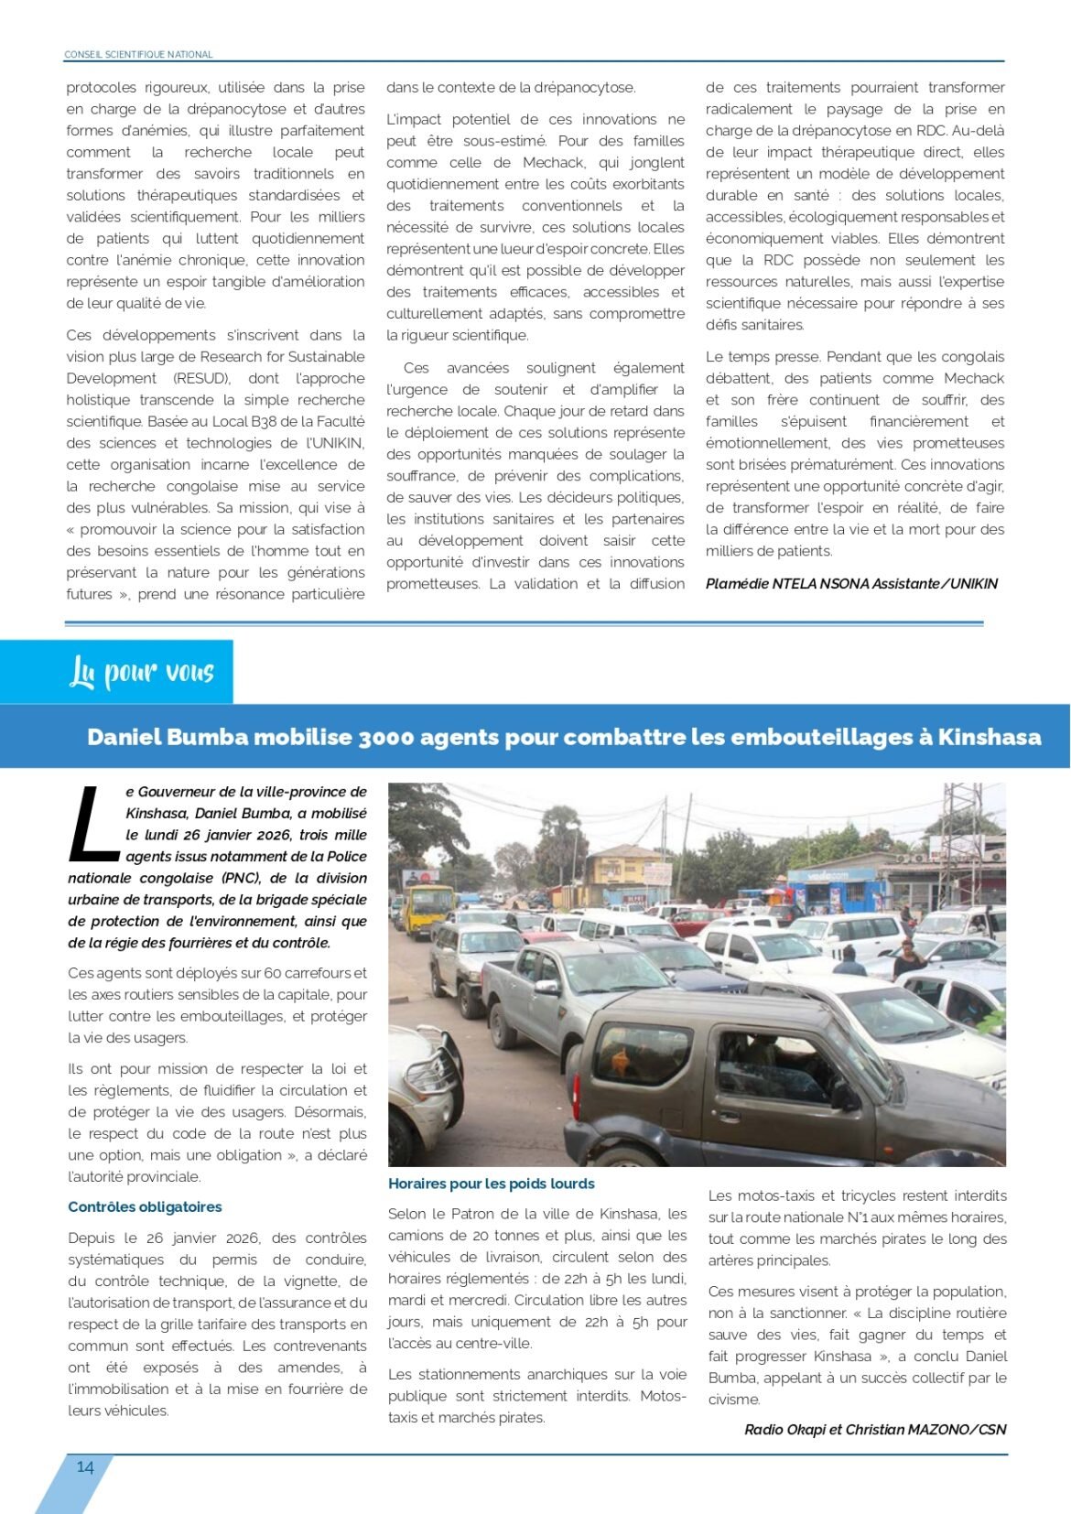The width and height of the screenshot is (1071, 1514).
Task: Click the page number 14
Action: (85, 1466)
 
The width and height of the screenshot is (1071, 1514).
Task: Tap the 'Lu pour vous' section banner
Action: (142, 673)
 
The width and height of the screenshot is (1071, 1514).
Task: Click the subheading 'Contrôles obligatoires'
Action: (145, 1206)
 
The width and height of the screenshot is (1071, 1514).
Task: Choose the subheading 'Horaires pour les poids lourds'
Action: (491, 1184)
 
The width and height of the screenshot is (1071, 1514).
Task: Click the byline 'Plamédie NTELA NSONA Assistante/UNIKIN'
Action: (851, 583)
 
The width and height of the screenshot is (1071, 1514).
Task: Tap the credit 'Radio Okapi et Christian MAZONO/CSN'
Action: (874, 1429)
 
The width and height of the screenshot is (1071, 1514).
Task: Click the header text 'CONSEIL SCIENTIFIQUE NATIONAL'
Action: (138, 55)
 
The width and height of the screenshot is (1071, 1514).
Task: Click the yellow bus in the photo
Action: (429, 906)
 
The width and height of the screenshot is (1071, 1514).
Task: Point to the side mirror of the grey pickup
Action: (547, 988)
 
